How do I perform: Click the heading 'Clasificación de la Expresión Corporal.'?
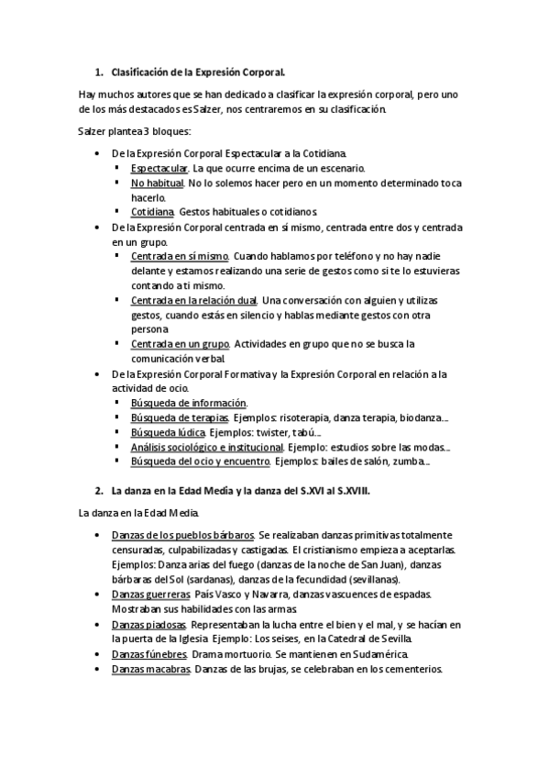tap(199, 71)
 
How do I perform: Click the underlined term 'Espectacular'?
tap(159, 168)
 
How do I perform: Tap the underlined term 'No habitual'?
tap(157, 183)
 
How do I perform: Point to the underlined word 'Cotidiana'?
tap(152, 211)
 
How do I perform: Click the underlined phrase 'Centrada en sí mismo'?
tap(180, 257)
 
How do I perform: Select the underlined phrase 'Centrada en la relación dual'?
tap(193, 300)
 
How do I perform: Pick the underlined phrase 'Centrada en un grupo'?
tap(180, 343)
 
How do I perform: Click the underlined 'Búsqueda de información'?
tap(189, 402)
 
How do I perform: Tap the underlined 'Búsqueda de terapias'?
tap(180, 417)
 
